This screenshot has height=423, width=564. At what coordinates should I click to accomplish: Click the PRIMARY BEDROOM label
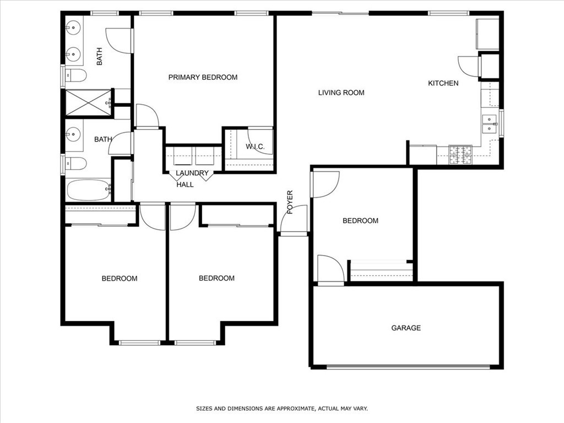pos(203,77)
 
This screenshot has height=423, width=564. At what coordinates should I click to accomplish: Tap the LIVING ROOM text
pos(341,93)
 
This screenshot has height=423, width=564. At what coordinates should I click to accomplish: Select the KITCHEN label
pos(443,83)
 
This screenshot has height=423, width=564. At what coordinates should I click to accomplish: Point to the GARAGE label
pos(406,328)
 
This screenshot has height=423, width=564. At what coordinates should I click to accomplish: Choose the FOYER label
pos(290,202)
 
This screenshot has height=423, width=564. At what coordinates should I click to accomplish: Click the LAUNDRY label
pos(192,173)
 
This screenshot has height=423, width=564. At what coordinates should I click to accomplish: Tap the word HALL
pos(185,185)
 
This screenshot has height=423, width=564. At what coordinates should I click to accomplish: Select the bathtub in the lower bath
pos(89,190)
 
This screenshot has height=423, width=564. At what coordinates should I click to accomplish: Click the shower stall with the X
pos(88,102)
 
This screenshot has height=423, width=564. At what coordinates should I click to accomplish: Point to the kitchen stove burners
pos(460,155)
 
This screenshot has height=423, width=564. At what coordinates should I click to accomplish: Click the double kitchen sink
pos(489,123)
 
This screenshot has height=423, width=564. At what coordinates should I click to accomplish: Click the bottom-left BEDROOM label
pos(120,278)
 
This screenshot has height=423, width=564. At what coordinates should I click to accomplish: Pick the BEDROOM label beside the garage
pos(360,220)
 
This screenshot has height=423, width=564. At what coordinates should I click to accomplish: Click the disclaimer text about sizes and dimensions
pos(281,409)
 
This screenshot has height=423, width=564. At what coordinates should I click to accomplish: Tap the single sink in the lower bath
pos(73,133)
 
